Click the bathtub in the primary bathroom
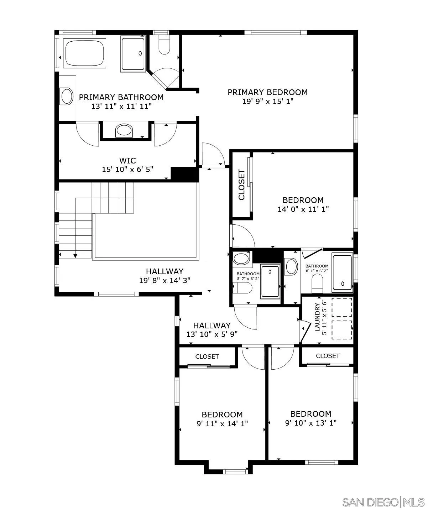tap(84, 53)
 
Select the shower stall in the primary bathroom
tap(134, 53)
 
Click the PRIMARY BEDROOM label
tap(267, 92)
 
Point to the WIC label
tap(127, 160)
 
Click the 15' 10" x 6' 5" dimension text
tap(127, 170)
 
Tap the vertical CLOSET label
tap(242, 185)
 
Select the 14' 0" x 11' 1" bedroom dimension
tap(303, 209)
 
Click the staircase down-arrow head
tap(75, 255)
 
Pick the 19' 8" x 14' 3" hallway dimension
tap(165, 280)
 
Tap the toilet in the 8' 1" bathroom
tap(317, 284)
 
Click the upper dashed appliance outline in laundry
tap(342, 307)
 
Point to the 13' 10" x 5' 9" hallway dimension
tap(212, 334)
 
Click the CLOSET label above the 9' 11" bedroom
tap(207, 357)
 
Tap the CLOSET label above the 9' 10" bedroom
tap(328, 356)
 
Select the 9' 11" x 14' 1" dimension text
tap(222, 424)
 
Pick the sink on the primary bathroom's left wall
tap(67, 96)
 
